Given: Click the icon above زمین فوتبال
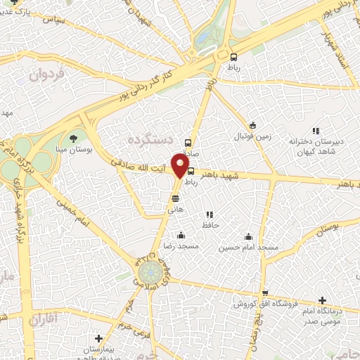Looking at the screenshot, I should (253, 124).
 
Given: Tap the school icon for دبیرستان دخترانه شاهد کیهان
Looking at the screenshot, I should (316, 130).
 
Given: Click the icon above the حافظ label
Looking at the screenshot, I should (209, 214).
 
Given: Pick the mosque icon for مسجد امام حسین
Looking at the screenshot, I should (247, 236).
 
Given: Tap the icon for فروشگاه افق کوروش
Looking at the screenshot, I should (264, 293).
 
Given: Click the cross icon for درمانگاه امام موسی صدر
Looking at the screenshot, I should (322, 300).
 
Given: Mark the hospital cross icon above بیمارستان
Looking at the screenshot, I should (98, 338).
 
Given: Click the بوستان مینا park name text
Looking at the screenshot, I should (72, 149).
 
